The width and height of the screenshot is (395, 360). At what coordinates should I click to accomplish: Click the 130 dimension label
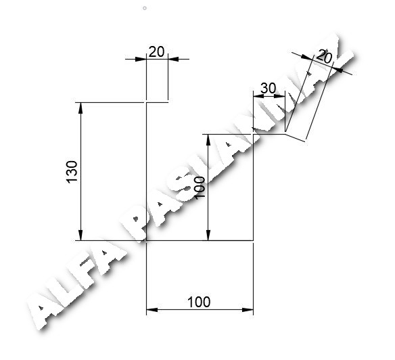[72, 172]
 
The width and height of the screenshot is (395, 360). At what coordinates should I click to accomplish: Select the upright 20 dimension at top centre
[156, 51]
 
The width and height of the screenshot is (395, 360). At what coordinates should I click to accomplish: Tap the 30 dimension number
[268, 88]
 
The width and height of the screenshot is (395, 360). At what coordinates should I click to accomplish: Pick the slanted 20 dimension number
[324, 57]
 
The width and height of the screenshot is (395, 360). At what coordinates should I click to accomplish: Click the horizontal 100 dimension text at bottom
[199, 302]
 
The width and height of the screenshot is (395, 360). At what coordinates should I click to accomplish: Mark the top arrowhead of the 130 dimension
[80, 108]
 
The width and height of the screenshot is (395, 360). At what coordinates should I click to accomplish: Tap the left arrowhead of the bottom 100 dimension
[152, 309]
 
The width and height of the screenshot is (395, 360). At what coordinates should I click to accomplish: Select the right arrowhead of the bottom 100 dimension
[248, 309]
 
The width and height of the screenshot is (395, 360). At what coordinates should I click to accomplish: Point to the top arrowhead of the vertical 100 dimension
[208, 140]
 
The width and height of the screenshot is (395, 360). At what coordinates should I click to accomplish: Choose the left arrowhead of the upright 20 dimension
[141, 60]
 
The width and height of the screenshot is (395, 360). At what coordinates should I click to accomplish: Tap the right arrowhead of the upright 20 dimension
[173, 60]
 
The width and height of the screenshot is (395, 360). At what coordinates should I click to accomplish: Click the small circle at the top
[145, 8]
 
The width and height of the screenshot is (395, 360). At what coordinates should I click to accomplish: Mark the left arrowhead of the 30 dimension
[258, 96]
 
